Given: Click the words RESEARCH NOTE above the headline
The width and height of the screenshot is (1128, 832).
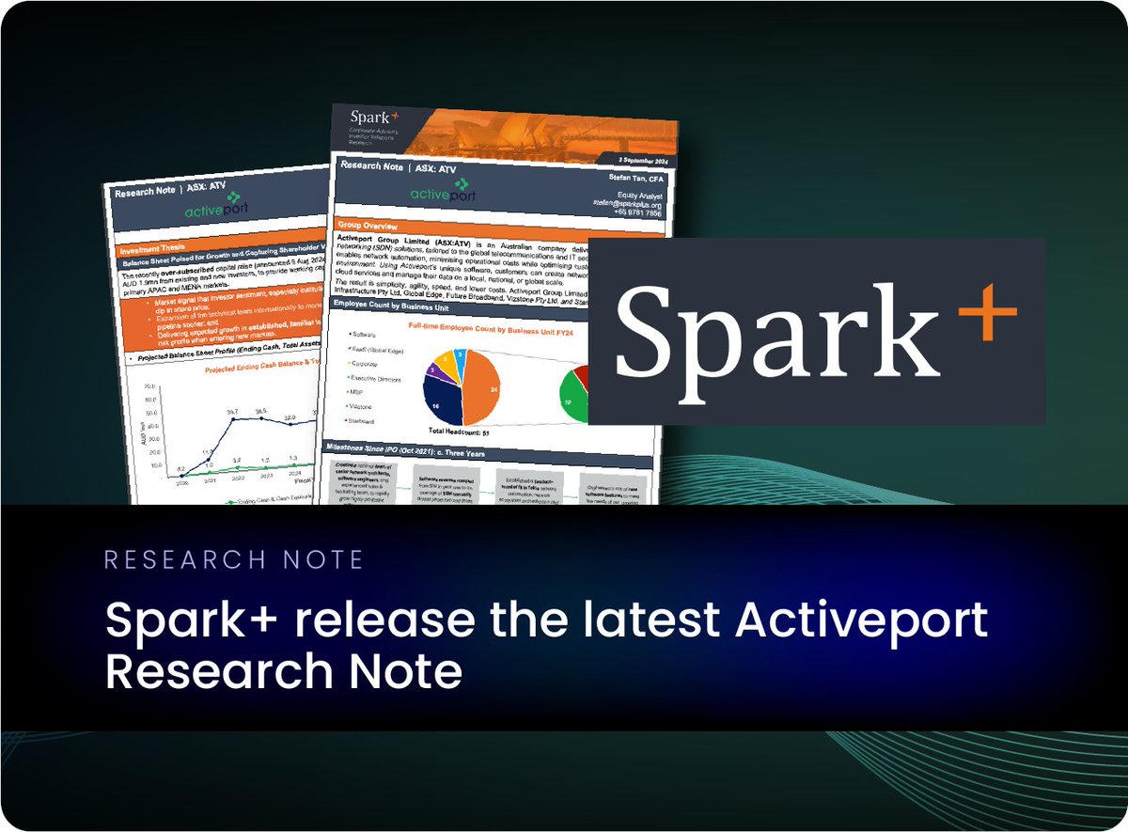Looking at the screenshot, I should coord(234,561).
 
